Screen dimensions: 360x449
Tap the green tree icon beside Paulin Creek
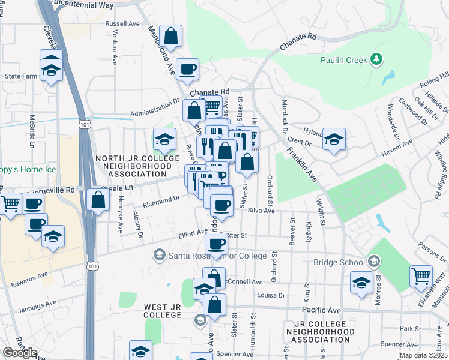(376, 59)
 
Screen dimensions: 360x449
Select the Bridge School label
(339, 262)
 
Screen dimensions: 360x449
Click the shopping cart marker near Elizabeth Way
(421, 277)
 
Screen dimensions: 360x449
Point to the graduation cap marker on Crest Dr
(334, 140)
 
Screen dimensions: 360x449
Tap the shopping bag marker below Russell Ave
(171, 36)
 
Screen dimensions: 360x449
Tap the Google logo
(20, 353)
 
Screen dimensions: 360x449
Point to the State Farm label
(21, 76)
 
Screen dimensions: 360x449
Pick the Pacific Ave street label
(321, 310)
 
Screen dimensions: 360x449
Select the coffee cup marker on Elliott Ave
(216, 244)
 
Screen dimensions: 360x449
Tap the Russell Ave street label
(122, 24)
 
